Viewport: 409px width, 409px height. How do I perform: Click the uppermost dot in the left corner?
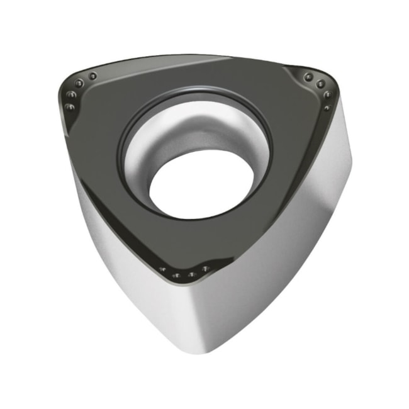(92, 76)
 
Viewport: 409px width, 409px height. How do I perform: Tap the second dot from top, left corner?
(79, 84)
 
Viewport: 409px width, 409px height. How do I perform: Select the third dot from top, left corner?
(71, 95)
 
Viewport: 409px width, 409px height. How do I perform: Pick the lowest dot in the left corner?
(69, 107)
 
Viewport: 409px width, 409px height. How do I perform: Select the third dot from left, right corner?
(328, 95)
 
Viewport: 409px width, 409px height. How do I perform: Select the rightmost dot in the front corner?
(205, 269)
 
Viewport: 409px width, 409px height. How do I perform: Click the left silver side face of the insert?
(126, 264)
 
